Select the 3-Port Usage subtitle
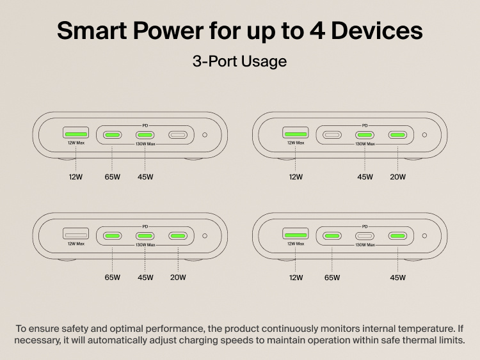point(239,61)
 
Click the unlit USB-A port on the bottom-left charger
point(76,235)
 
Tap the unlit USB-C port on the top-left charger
point(178,135)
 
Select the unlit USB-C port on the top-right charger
point(332,135)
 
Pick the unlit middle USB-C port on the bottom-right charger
point(365,236)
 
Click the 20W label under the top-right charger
point(397,176)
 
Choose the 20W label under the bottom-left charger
point(178,278)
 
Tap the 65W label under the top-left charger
point(113,176)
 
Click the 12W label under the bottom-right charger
point(296,278)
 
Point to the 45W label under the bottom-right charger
point(398,278)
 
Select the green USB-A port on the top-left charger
point(76,133)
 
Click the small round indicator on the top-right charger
point(424,135)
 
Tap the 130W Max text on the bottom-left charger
point(145,245)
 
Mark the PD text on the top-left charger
point(145,125)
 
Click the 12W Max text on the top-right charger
point(296,143)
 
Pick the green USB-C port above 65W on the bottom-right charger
point(332,236)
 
